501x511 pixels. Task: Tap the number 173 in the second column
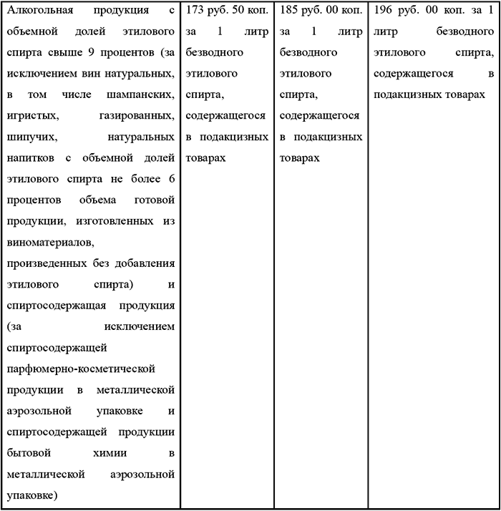[x=194, y=11]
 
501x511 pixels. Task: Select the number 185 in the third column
[x=289, y=11]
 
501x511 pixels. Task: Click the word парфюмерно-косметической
[x=80, y=369]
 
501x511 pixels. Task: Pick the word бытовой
[x=27, y=453]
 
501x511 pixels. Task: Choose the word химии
[x=112, y=453]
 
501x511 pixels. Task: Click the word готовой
[x=155, y=200]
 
